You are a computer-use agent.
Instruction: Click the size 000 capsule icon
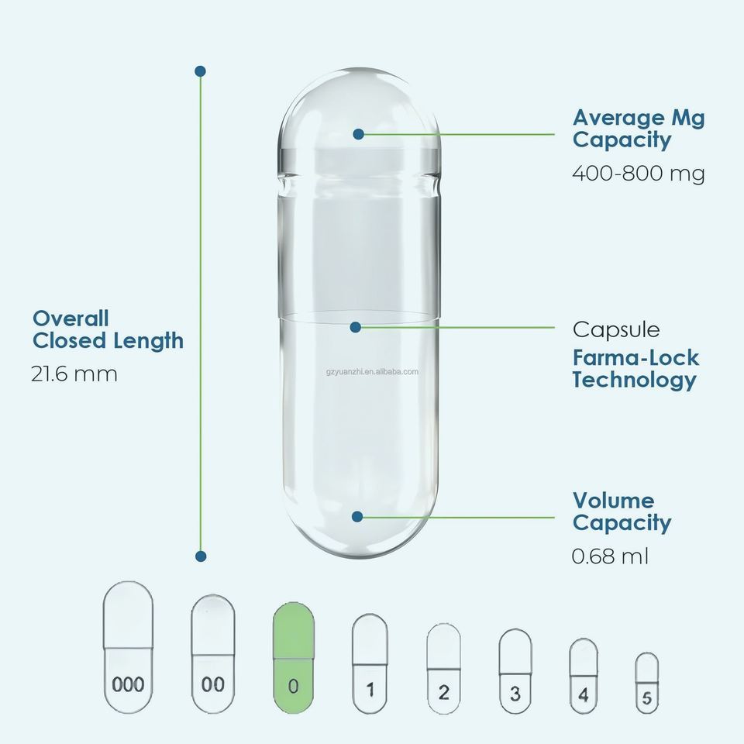[x=128, y=647]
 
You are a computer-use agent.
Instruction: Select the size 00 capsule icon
[x=213, y=653]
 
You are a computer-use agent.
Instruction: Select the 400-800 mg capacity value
[x=639, y=174]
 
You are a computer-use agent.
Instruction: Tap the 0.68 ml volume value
[x=611, y=556]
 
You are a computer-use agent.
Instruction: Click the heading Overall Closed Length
[x=108, y=329]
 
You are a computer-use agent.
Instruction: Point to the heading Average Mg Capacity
[x=639, y=129]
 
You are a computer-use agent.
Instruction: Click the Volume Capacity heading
[x=622, y=511]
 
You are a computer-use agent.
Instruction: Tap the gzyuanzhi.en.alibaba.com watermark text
[x=373, y=371]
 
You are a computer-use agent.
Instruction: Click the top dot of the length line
[x=200, y=71]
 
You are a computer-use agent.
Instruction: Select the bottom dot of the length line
[x=200, y=556]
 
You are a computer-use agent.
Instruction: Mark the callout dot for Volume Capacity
[x=357, y=516]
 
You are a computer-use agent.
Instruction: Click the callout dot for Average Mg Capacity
[x=358, y=134]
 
